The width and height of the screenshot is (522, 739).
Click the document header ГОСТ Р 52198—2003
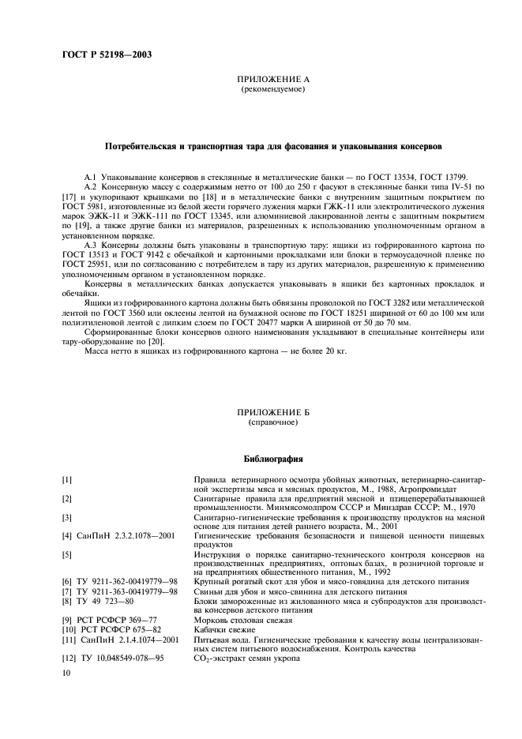[107, 55]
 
